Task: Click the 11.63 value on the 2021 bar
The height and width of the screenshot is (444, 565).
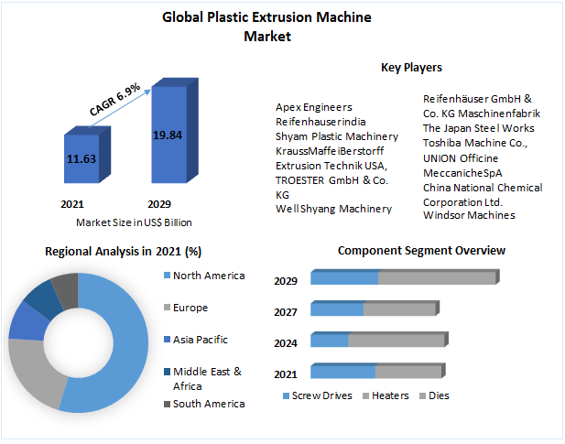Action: tap(81, 157)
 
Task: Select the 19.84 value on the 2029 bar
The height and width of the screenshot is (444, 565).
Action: tap(168, 135)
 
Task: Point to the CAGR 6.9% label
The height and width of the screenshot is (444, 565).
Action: tap(114, 100)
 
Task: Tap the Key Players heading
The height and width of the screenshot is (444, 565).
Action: tap(411, 67)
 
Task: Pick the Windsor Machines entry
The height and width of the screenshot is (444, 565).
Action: tap(469, 215)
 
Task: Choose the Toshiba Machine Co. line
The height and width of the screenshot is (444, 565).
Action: tap(474, 143)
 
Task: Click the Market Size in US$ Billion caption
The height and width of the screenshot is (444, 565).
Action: tap(134, 222)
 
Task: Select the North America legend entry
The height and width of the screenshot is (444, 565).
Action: tap(209, 276)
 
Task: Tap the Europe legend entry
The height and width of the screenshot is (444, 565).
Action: tap(190, 308)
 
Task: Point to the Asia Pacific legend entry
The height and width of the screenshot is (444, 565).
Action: tap(201, 340)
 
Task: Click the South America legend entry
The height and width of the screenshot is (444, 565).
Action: tap(209, 404)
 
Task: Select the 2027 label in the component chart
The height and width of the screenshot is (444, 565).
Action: tap(286, 312)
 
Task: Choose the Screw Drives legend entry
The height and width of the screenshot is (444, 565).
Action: tap(321, 395)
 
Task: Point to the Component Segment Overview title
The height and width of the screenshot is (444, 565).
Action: tap(421, 250)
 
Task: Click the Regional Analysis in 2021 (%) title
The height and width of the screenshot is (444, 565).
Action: tap(123, 250)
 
